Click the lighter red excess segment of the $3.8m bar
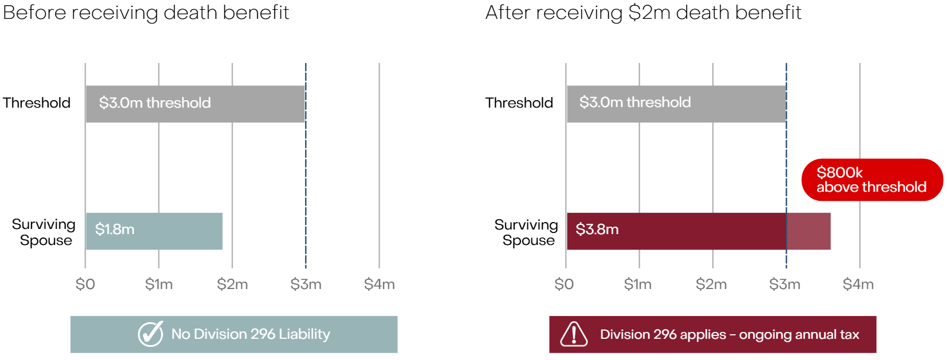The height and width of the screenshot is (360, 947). coord(808,231)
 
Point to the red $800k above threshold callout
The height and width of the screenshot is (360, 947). coord(871,180)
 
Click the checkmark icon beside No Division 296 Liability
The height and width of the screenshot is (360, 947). coord(151,334)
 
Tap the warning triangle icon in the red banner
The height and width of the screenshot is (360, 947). coord(574,334)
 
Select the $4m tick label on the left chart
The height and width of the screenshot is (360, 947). coord(379,284)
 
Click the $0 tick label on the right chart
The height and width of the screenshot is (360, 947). coord(564,284)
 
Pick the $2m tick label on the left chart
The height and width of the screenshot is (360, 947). coord(232,284)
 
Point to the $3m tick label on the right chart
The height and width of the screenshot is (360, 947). coord(784,284)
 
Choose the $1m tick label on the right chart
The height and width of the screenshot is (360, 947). coord(637,284)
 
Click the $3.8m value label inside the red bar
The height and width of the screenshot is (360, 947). coord(597,230)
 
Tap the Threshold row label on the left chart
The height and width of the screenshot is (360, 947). coord(37,103)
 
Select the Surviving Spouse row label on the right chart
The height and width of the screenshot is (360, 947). coord(526,232)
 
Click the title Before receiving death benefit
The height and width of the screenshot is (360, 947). coord(146,13)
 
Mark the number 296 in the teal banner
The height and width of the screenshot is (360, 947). coord(263,334)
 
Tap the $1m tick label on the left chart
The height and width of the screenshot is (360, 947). coord(159,284)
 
